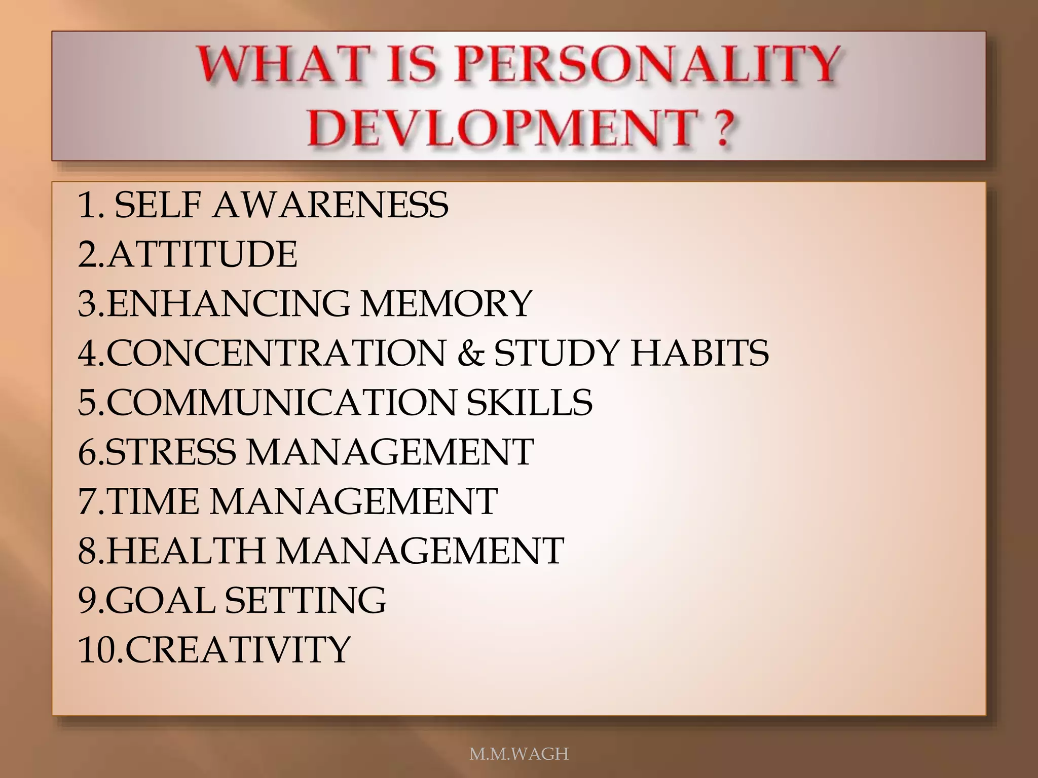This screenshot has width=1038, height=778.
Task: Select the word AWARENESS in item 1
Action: (x=330, y=205)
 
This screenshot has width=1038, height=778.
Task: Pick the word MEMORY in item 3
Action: (x=446, y=303)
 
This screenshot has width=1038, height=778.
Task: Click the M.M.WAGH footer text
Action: (x=519, y=754)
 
